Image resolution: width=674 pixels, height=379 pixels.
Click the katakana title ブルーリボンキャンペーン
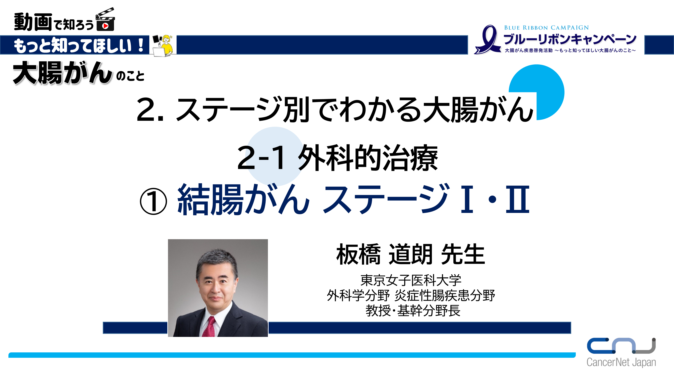(x=570, y=39)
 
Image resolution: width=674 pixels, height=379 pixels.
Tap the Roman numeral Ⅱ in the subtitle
(x=517, y=199)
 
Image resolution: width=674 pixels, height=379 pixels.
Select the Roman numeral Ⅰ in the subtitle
(x=467, y=199)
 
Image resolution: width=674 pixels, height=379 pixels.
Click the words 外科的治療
(x=368, y=158)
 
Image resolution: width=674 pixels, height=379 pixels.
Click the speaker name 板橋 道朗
(x=384, y=254)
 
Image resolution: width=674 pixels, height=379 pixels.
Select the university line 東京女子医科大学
(x=411, y=280)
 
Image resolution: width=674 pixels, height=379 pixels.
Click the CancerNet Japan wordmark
(x=621, y=362)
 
